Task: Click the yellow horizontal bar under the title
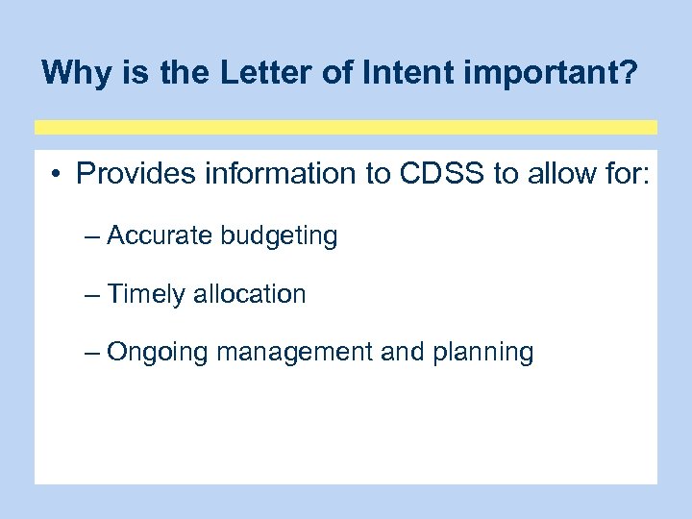(x=346, y=127)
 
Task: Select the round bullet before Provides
(x=59, y=175)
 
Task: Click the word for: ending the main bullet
(x=627, y=174)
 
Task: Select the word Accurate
(x=158, y=235)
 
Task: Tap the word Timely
(x=147, y=295)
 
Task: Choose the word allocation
(x=250, y=294)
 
